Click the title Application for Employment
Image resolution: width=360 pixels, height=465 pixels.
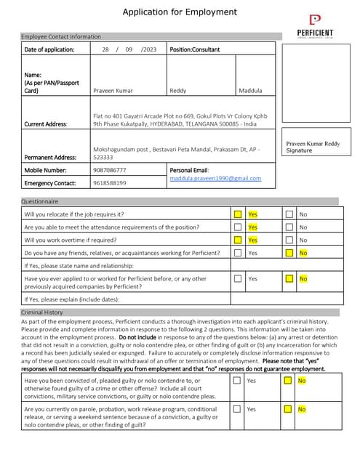click(x=179, y=12)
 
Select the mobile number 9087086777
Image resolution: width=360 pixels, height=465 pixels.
click(x=109, y=169)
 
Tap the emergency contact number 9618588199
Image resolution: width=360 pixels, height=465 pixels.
click(x=109, y=183)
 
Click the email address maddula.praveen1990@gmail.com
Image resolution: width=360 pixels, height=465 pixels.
click(x=215, y=178)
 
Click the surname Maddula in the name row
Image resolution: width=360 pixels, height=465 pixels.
click(x=251, y=91)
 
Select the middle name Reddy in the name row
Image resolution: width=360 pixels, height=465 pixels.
click(x=177, y=91)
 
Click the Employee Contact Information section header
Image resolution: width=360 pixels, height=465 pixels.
click(x=61, y=36)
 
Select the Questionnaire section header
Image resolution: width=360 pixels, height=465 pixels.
click(x=40, y=201)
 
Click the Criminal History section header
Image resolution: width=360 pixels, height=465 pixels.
click(x=42, y=312)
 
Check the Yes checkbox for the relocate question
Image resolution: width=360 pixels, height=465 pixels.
click(x=237, y=214)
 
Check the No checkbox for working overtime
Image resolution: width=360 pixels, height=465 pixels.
click(x=289, y=240)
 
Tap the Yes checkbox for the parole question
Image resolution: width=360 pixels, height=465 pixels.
click(x=237, y=409)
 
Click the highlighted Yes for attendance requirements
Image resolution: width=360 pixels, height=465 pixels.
click(x=252, y=227)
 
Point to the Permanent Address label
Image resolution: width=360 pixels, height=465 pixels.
click(x=49, y=157)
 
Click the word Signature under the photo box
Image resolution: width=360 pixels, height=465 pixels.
click(x=300, y=150)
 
